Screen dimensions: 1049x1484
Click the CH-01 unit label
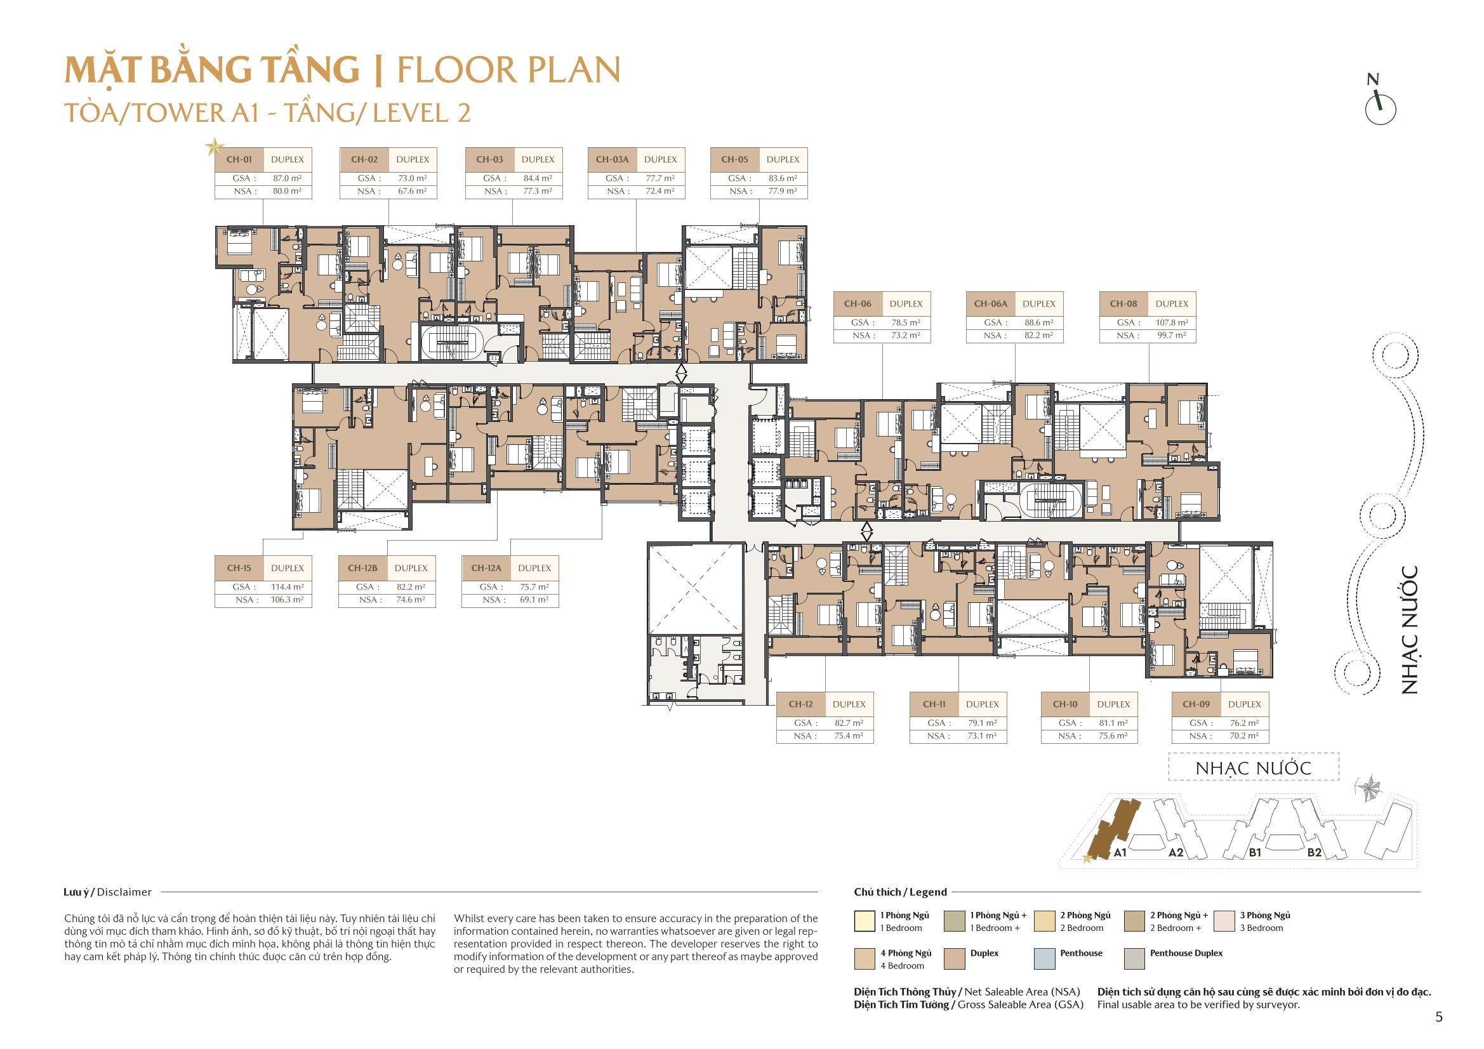coord(239,160)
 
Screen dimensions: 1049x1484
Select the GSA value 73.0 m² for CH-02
coord(412,178)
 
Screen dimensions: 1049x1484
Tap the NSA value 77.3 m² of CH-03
coord(537,191)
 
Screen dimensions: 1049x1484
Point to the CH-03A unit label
coord(611,160)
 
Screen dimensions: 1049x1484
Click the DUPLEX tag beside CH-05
coord(783,160)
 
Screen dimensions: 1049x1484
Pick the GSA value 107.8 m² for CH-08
coord(1170,322)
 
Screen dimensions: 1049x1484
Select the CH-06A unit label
coord(990,304)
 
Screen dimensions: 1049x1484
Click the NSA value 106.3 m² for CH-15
coord(286,600)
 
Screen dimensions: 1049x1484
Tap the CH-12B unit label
coord(362,568)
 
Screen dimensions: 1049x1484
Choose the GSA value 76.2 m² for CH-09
coord(1243,723)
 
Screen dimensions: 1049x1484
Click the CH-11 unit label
coord(933,704)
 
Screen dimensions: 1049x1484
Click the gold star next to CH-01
coord(214,147)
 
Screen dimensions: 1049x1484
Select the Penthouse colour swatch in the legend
coord(1044,958)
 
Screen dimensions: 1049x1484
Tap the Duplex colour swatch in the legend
coord(954,958)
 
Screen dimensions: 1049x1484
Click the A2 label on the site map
coord(1176,852)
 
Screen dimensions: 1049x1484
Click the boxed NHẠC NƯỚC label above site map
coord(1252,768)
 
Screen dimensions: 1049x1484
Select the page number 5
coord(1438,1017)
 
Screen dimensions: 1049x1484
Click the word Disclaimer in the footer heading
coord(124,892)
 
